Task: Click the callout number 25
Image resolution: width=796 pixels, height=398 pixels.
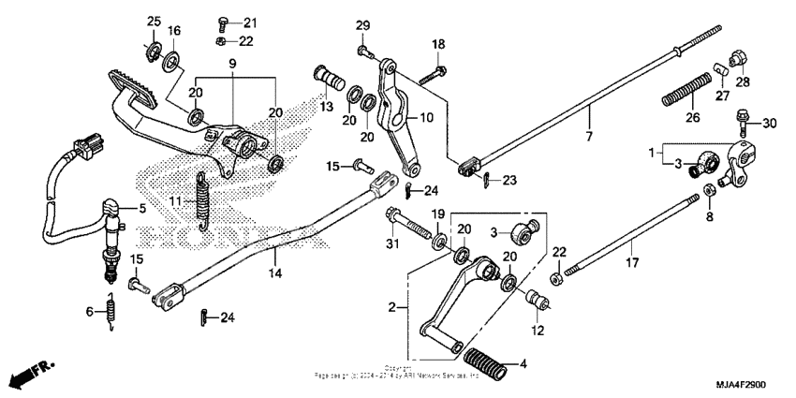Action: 155,22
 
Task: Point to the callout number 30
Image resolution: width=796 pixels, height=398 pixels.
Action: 769,124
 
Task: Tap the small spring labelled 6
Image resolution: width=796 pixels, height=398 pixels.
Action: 111,313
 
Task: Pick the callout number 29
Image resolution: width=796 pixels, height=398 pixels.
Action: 362,24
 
